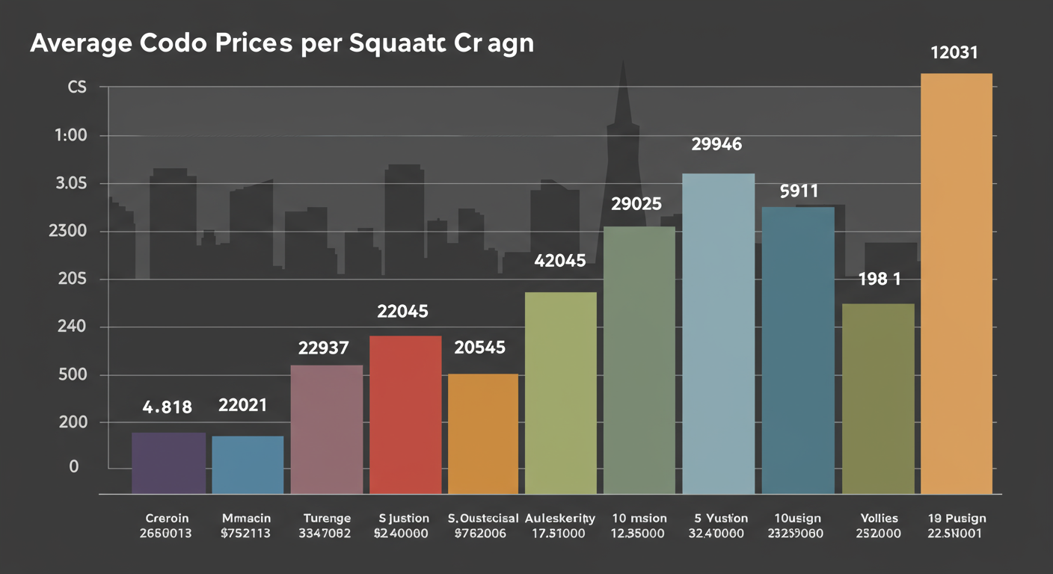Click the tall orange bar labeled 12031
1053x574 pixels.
pos(956,283)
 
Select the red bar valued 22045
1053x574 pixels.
pos(405,415)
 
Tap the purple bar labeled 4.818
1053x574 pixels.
pos(168,463)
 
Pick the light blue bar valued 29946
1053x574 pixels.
pos(719,333)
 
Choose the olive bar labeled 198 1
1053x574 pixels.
pos(878,398)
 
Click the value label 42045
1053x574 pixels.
pos(560,262)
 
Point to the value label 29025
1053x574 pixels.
pos(636,203)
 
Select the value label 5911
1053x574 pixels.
pos(799,191)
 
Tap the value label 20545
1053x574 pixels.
pos(480,347)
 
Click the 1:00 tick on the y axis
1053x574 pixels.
pos(72,136)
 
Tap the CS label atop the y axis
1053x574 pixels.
pos(77,88)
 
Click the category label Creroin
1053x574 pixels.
pos(168,518)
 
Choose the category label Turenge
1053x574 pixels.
pos(327,518)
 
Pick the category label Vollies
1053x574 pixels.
pos(879,518)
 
